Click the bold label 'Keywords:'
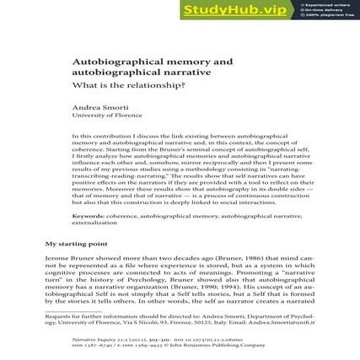[x=88, y=215]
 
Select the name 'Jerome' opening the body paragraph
[x=56, y=256]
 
